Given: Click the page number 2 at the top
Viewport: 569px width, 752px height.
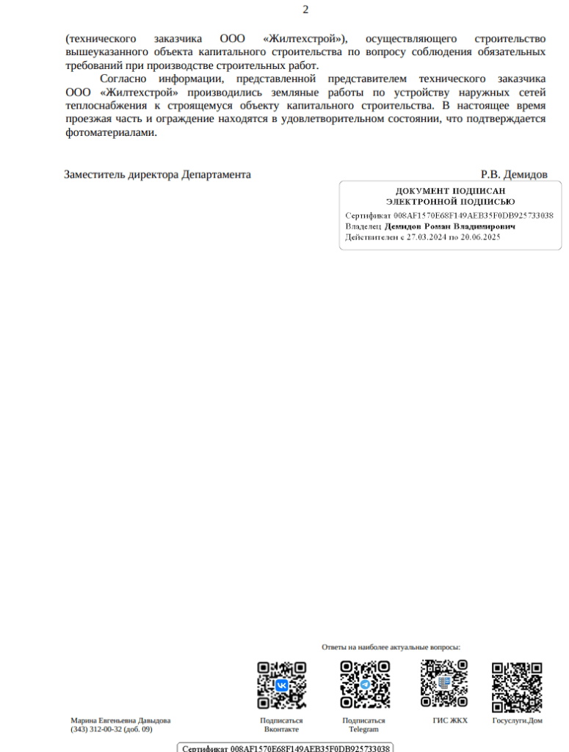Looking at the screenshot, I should [x=305, y=10].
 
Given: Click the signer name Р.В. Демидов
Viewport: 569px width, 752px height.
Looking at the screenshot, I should [x=514, y=175].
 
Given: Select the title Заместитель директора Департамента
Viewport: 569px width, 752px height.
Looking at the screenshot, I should [x=157, y=175].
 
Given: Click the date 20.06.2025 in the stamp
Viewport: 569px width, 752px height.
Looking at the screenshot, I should [x=479, y=238].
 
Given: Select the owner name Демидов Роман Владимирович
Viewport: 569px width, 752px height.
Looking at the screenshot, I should [x=450, y=227].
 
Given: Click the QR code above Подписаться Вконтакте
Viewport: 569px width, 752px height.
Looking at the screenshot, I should [x=281, y=684].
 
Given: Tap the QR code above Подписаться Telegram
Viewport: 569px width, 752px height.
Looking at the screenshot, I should [x=364, y=684].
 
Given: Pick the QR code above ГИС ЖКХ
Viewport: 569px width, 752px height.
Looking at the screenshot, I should [x=444, y=683].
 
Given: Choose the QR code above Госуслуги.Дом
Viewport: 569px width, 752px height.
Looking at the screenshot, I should [x=517, y=687].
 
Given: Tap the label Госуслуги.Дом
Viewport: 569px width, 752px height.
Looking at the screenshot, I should [x=517, y=720].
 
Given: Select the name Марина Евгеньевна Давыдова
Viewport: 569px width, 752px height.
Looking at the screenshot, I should [x=120, y=720].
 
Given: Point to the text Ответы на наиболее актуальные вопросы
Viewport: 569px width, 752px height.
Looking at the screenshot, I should [x=391, y=647].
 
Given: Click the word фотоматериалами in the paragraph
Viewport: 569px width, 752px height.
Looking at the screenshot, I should [x=110, y=133].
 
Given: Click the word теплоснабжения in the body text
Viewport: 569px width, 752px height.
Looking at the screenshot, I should [x=104, y=106].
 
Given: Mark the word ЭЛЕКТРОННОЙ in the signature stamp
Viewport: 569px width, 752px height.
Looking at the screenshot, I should [x=416, y=201].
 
